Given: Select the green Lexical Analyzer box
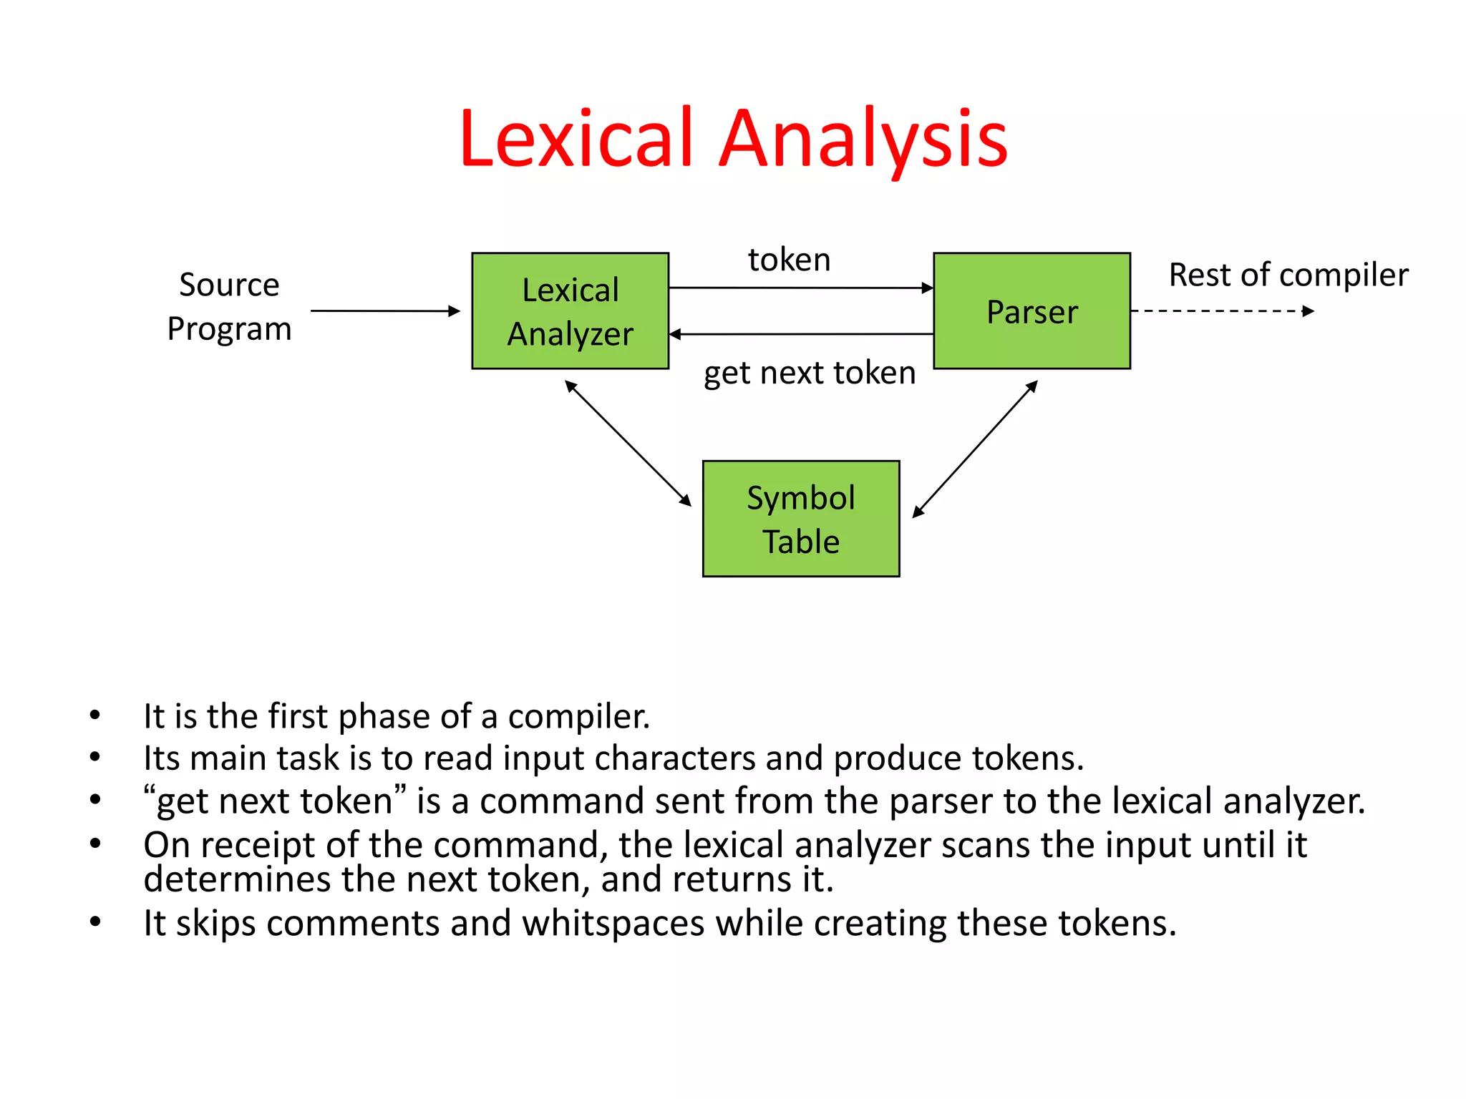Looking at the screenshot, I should pyautogui.click(x=570, y=311).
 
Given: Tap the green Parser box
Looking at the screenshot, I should pyautogui.click(x=1031, y=311).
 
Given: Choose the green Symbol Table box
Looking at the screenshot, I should pyautogui.click(x=800, y=519).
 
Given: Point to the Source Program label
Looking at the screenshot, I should pyautogui.click(x=229, y=306).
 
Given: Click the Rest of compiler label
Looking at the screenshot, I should pyautogui.click(x=1288, y=275).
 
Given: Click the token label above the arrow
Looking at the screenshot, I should pyautogui.click(x=789, y=260).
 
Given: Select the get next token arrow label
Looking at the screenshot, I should pyautogui.click(x=809, y=373).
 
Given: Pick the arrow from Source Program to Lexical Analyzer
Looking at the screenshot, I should pyautogui.click(x=384, y=311).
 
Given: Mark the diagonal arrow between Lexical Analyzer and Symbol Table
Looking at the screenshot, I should pyautogui.click(x=628, y=444).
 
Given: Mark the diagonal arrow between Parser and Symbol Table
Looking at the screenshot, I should pyautogui.click(x=975, y=449).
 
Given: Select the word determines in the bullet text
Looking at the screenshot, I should pyautogui.click(x=236, y=879).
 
